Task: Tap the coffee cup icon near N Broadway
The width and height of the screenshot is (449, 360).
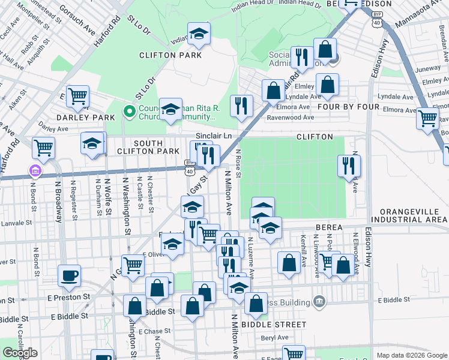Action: tap(70, 276)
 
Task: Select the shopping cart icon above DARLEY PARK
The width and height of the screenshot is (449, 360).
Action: tap(77, 97)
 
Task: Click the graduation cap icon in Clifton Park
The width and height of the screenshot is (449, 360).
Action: tap(199, 34)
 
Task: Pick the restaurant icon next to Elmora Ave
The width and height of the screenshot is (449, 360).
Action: tap(241, 106)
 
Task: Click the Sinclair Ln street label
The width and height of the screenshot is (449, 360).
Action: tap(214, 136)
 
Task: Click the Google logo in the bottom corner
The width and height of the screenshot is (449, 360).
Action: tap(20, 353)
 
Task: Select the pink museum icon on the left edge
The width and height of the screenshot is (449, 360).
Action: tap(35, 172)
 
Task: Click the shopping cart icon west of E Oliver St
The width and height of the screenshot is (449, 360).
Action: tap(132, 265)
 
